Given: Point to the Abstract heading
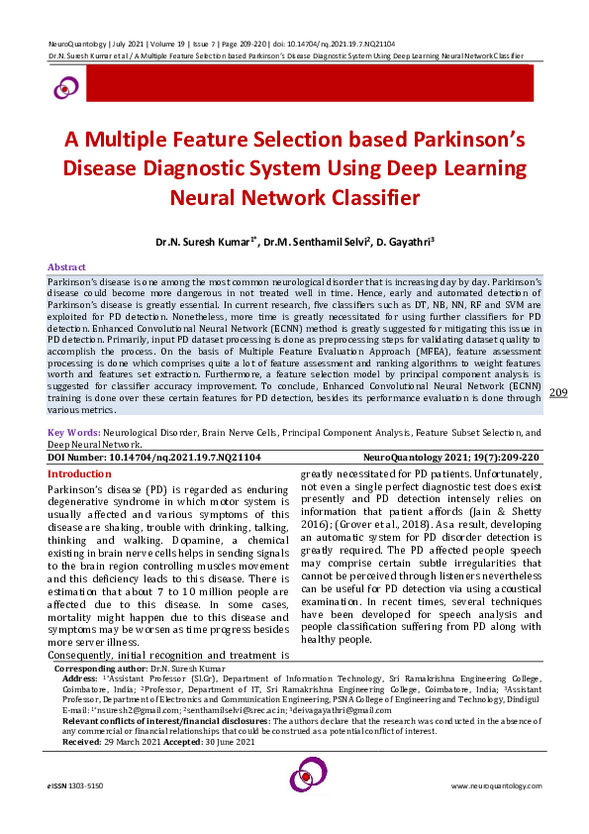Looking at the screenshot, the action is coord(67,267).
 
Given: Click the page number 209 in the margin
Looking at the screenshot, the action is coord(557,421).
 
